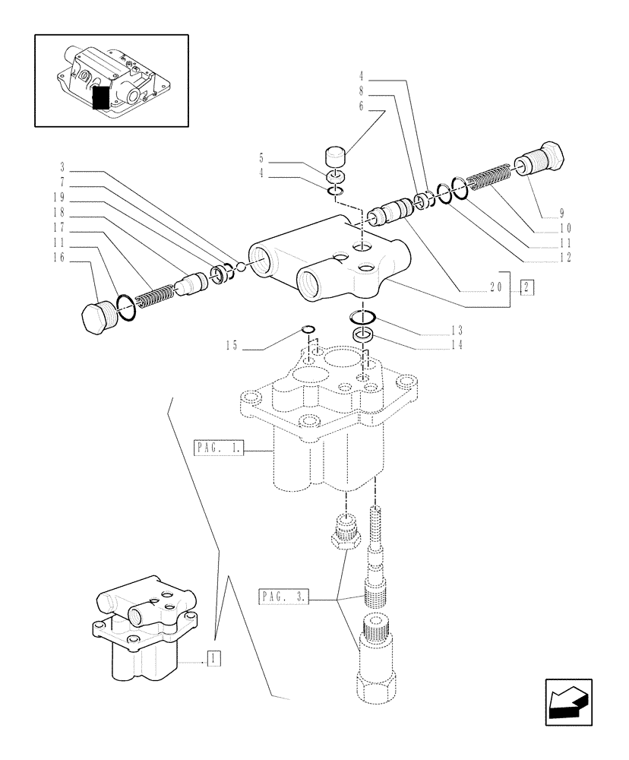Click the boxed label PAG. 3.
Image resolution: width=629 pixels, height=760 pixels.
click(x=283, y=597)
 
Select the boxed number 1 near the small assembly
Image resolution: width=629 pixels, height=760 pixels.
click(x=214, y=659)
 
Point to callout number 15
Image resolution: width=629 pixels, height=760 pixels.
click(x=231, y=346)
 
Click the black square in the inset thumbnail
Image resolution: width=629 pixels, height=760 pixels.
click(x=100, y=98)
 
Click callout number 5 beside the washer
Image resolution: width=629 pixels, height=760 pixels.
click(x=261, y=160)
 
